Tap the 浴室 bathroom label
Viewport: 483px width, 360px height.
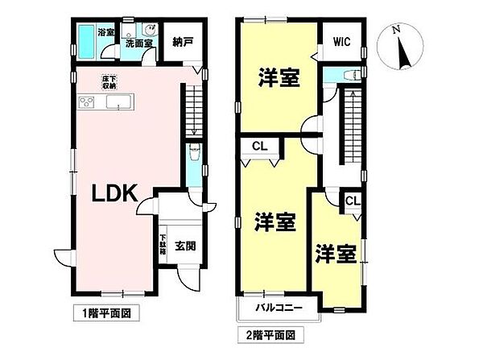105,33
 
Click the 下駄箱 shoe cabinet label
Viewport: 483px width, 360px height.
162,242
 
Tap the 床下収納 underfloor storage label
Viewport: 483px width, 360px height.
109,81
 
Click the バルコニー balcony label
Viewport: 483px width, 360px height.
279,308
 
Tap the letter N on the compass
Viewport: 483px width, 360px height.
394,30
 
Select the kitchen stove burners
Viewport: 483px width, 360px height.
87,101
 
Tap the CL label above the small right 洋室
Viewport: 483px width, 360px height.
352,201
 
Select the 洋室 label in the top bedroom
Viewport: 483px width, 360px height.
279,79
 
